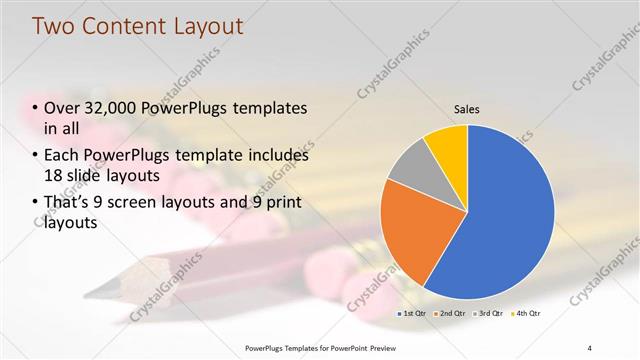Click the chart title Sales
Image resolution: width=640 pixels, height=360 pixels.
467,108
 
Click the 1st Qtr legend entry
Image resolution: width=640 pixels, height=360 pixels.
413,313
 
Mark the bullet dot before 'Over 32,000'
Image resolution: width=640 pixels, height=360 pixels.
36,109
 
